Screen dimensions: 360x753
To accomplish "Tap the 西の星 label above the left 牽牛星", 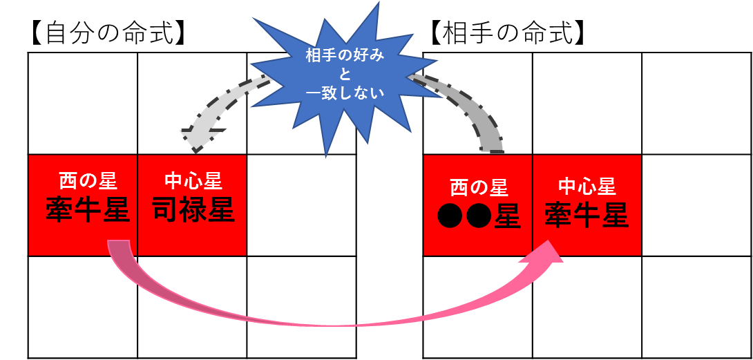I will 88,182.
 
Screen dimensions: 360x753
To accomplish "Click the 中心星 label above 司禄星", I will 193,182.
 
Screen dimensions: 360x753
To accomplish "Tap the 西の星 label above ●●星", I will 479,187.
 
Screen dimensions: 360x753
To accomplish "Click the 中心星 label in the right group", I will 587,187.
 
